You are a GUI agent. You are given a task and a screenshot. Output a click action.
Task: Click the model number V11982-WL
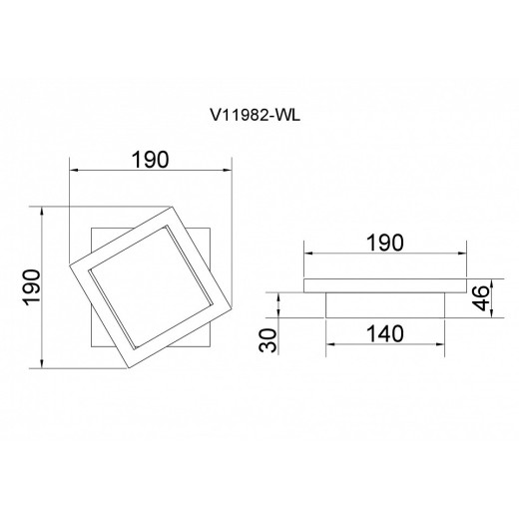255,116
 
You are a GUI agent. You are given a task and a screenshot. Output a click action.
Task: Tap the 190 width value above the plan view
151,160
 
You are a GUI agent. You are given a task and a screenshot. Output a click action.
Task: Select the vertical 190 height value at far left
32,287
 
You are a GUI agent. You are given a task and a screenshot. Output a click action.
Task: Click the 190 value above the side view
385,243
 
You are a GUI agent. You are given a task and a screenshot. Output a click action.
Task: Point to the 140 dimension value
385,334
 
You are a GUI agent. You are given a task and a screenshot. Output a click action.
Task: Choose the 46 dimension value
482,297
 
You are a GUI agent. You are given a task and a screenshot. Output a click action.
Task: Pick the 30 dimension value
267,340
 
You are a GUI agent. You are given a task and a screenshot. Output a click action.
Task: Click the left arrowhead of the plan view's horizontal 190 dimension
73,171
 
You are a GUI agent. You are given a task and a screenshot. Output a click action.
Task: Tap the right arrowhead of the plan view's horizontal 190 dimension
228,171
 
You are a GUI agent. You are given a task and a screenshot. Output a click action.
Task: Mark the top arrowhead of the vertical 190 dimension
42,211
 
